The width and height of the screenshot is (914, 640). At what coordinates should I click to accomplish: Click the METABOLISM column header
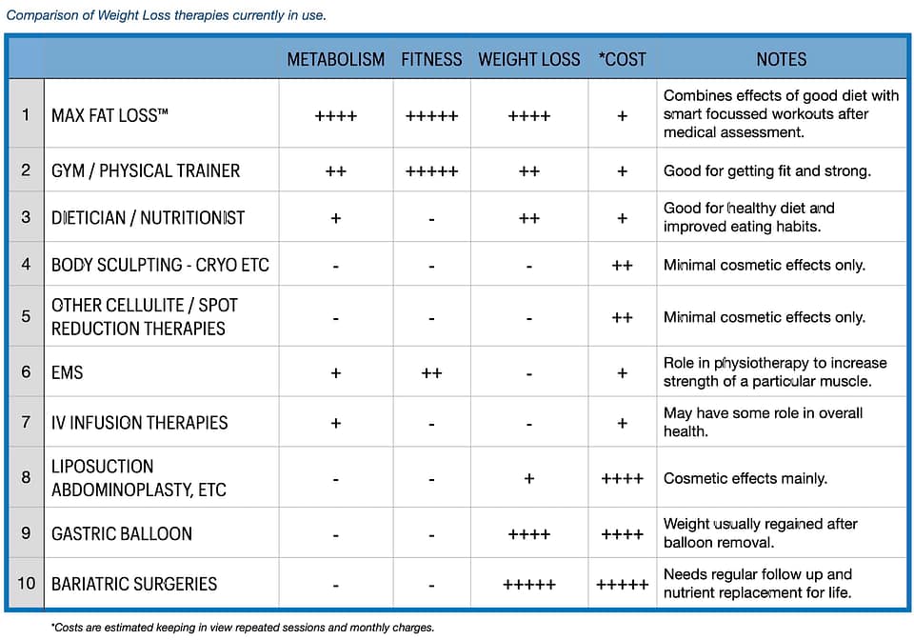(336, 59)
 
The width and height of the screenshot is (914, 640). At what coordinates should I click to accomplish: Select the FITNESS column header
(431, 59)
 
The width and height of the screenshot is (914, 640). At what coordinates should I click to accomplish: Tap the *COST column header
(622, 59)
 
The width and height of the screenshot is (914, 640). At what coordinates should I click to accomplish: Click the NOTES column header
(781, 59)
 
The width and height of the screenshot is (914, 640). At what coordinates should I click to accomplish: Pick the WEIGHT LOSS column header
(528, 59)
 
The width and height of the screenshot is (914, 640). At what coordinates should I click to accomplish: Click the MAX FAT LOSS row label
(109, 115)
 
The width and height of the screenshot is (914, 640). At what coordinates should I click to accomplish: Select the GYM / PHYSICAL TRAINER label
(146, 171)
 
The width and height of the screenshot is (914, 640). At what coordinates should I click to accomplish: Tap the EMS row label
(68, 372)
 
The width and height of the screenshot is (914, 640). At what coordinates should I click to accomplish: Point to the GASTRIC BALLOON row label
(122, 533)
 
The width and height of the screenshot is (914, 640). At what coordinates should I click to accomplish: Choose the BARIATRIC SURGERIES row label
(134, 584)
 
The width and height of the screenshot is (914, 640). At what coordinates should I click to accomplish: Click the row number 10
(26, 583)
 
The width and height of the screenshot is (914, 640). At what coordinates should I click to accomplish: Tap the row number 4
(26, 264)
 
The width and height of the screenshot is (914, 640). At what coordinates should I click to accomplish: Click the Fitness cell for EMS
(431, 373)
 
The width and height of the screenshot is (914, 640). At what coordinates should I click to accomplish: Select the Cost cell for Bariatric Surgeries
(622, 585)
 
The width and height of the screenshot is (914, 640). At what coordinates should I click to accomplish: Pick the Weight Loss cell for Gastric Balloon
(528, 534)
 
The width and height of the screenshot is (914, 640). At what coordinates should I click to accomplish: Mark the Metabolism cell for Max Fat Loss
(336, 116)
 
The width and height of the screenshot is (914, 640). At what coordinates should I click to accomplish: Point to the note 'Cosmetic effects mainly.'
(745, 478)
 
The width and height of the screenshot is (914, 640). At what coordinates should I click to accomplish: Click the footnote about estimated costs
(243, 628)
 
